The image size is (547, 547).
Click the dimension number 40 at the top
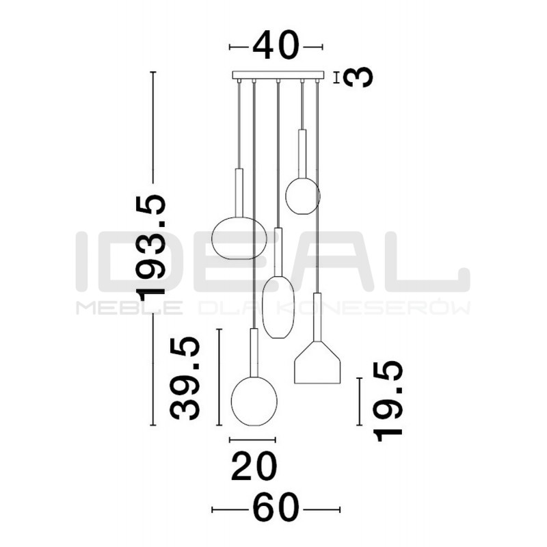(x=276, y=45)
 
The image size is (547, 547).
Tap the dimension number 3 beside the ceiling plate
(x=358, y=77)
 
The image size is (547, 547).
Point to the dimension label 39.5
(x=185, y=379)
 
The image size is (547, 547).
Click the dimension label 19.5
(x=388, y=401)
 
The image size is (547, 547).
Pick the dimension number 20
(x=254, y=466)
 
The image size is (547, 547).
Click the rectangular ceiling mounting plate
(x=278, y=75)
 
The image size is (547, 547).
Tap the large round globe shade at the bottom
(x=254, y=401)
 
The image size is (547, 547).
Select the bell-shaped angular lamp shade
(x=317, y=363)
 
